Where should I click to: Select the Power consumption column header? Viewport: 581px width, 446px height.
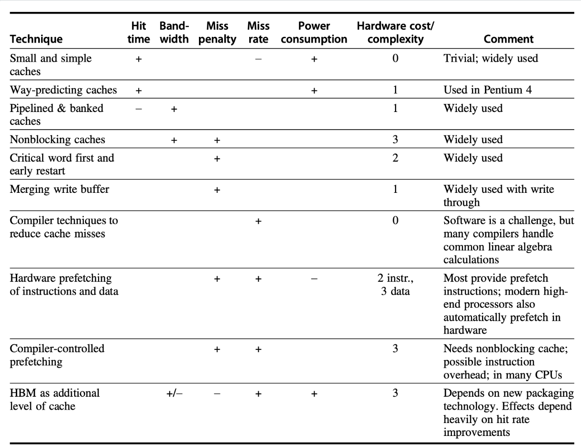point(314,33)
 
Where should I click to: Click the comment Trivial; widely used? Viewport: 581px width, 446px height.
point(491,58)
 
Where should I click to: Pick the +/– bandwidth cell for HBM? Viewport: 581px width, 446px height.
point(174,393)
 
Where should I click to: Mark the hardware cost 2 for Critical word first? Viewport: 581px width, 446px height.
point(395,158)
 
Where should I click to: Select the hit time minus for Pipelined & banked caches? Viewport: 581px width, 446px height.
point(139,109)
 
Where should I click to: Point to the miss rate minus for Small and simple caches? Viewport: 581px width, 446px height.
point(258,58)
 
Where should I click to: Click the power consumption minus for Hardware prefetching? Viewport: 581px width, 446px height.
point(314,279)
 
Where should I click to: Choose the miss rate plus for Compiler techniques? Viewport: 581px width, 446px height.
point(258,222)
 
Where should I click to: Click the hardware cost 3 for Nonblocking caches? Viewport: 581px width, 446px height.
point(395,140)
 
